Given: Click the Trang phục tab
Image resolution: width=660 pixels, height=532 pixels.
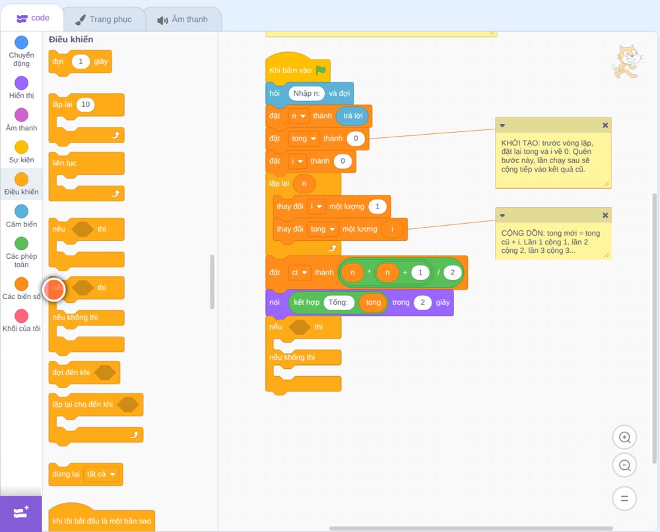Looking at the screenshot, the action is coord(104,19).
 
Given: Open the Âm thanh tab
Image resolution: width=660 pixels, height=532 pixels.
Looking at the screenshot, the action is coord(183,19).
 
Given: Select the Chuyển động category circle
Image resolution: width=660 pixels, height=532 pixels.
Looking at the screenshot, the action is coord(22,42).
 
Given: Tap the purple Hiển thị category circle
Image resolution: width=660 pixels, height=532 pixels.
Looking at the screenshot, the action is coord(22,83).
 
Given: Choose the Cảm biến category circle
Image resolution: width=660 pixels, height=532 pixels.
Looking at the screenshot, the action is coord(22,211).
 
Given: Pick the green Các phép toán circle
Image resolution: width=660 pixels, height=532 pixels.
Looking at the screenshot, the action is coord(22,244).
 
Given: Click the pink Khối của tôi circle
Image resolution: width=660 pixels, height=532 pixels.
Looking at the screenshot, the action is coord(22,316).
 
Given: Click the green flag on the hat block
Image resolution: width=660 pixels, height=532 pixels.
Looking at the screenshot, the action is coord(321,70).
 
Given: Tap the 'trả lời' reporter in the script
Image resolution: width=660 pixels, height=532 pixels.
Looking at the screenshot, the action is coord(352,116).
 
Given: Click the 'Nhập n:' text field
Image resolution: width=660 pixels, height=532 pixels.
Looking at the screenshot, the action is coord(306,94).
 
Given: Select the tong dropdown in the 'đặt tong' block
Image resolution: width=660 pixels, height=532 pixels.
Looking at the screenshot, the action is coord(304,139).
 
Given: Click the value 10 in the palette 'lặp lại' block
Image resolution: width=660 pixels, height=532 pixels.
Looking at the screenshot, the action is coord(85,104).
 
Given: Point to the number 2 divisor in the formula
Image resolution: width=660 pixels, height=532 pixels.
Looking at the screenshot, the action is coord(453,273).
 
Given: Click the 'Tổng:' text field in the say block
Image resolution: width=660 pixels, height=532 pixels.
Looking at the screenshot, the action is coord(338,302).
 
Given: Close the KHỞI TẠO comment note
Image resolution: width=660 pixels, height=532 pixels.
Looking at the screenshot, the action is coord(605,125).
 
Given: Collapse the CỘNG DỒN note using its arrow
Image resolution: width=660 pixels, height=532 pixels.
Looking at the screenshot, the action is coord(502,215).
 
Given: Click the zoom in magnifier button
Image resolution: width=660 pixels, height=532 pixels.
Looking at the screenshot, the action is coord(624,438).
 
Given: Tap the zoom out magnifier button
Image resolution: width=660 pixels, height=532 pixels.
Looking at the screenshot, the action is coord(624,465).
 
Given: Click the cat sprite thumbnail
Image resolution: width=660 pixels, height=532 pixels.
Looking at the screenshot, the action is coord(627,61).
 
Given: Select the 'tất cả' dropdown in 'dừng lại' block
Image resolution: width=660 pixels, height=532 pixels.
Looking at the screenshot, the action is coord(101,475).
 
